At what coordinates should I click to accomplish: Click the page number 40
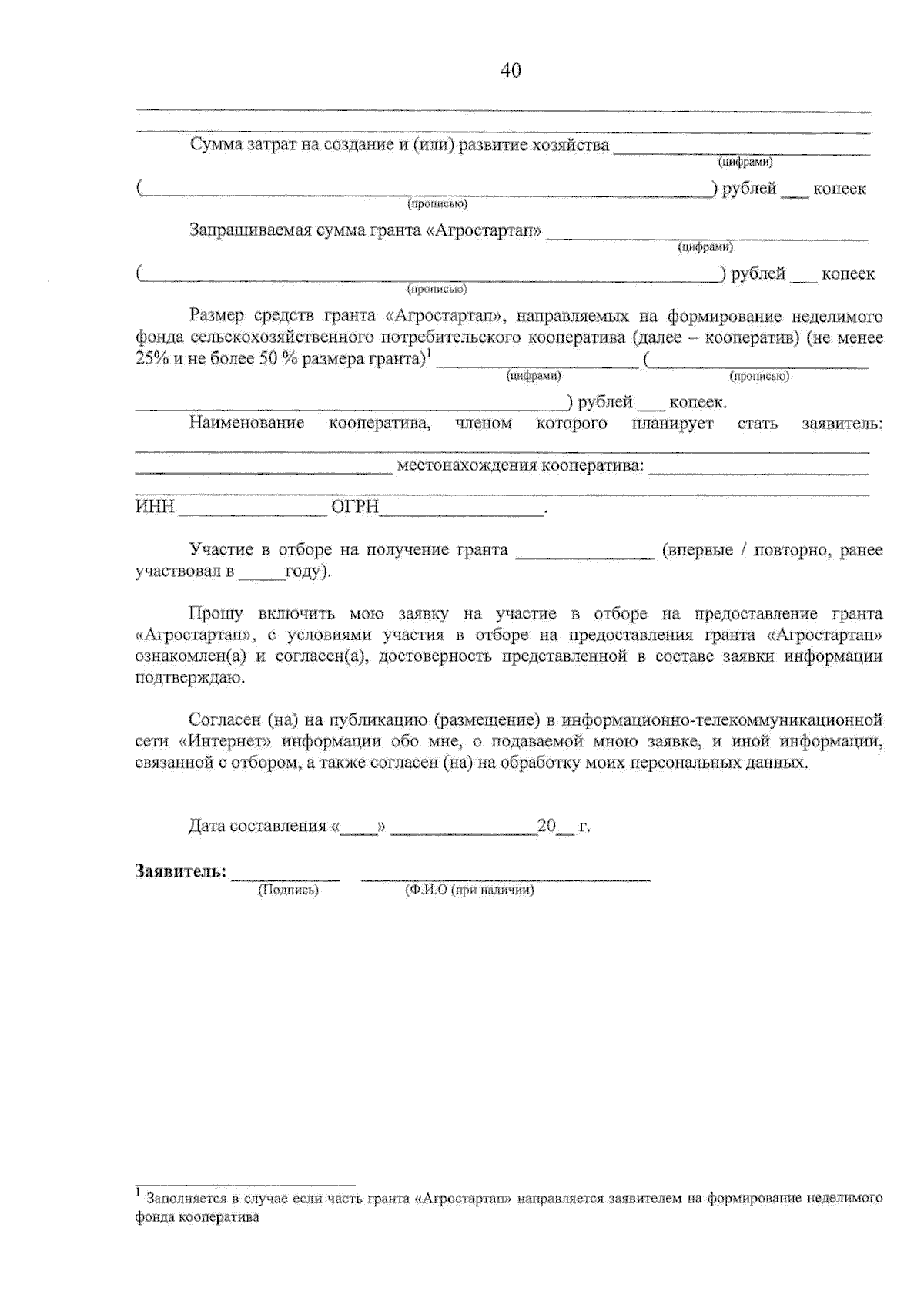[x=510, y=71]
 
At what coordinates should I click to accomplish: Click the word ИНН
[x=155, y=508]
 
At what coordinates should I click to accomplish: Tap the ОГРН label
[x=355, y=508]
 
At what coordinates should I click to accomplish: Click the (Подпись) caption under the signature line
[x=288, y=890]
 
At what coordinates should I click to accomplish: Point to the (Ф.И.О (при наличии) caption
[x=469, y=890]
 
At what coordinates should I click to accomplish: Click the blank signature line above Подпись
[x=286, y=877]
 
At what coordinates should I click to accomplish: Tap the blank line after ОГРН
[x=462, y=513]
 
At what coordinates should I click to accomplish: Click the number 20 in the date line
[x=546, y=826]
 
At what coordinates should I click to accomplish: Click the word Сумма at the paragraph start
[x=216, y=146]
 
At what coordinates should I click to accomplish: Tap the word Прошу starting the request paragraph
[x=216, y=614]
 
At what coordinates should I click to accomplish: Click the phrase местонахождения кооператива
[x=520, y=466]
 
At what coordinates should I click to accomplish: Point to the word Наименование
[x=246, y=423]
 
